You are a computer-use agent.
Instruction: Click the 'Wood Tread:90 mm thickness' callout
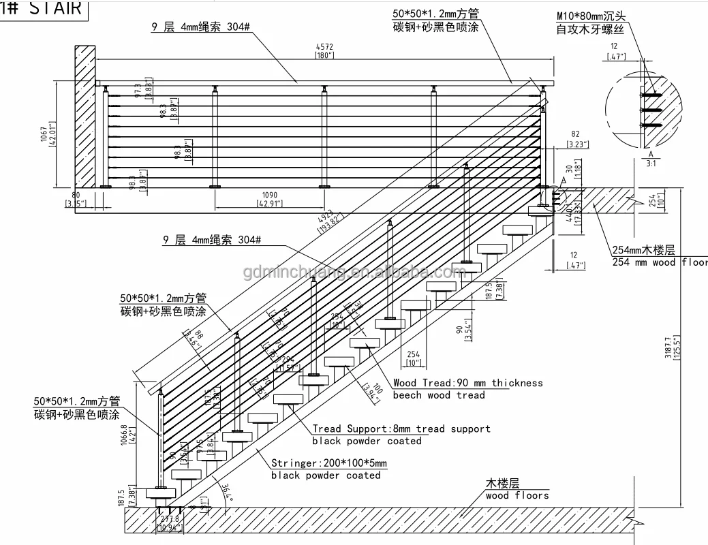point(467,383)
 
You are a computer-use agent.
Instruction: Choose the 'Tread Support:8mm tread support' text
point(401,429)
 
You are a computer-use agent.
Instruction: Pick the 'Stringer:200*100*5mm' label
point(328,463)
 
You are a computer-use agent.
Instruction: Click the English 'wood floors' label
point(517,495)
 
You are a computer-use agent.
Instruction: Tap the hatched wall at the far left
point(85,116)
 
